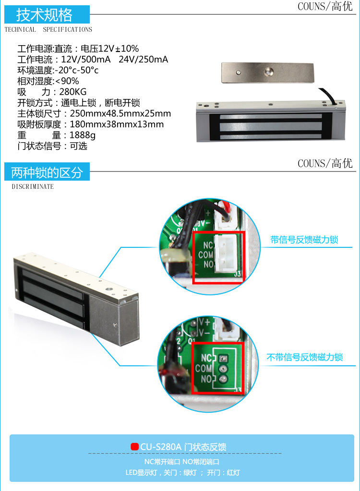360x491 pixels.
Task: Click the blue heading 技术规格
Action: (44, 15)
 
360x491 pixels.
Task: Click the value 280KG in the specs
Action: (73, 92)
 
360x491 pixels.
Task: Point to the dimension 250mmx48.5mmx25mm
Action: (120, 113)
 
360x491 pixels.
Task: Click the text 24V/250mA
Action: (143, 60)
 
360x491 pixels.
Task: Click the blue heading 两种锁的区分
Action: (47, 172)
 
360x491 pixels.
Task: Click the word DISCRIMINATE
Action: (33, 186)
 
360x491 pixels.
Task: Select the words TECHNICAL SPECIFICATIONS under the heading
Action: (48, 29)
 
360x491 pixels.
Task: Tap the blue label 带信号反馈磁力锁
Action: (304, 240)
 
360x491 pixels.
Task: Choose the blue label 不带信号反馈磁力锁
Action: (305, 357)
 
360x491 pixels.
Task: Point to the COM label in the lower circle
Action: (204, 368)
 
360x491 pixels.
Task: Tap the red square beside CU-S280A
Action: (134, 446)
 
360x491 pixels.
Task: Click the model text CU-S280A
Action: (161, 447)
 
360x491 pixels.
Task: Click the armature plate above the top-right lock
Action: (267, 73)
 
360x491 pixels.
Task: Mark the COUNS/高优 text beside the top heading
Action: (325, 6)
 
